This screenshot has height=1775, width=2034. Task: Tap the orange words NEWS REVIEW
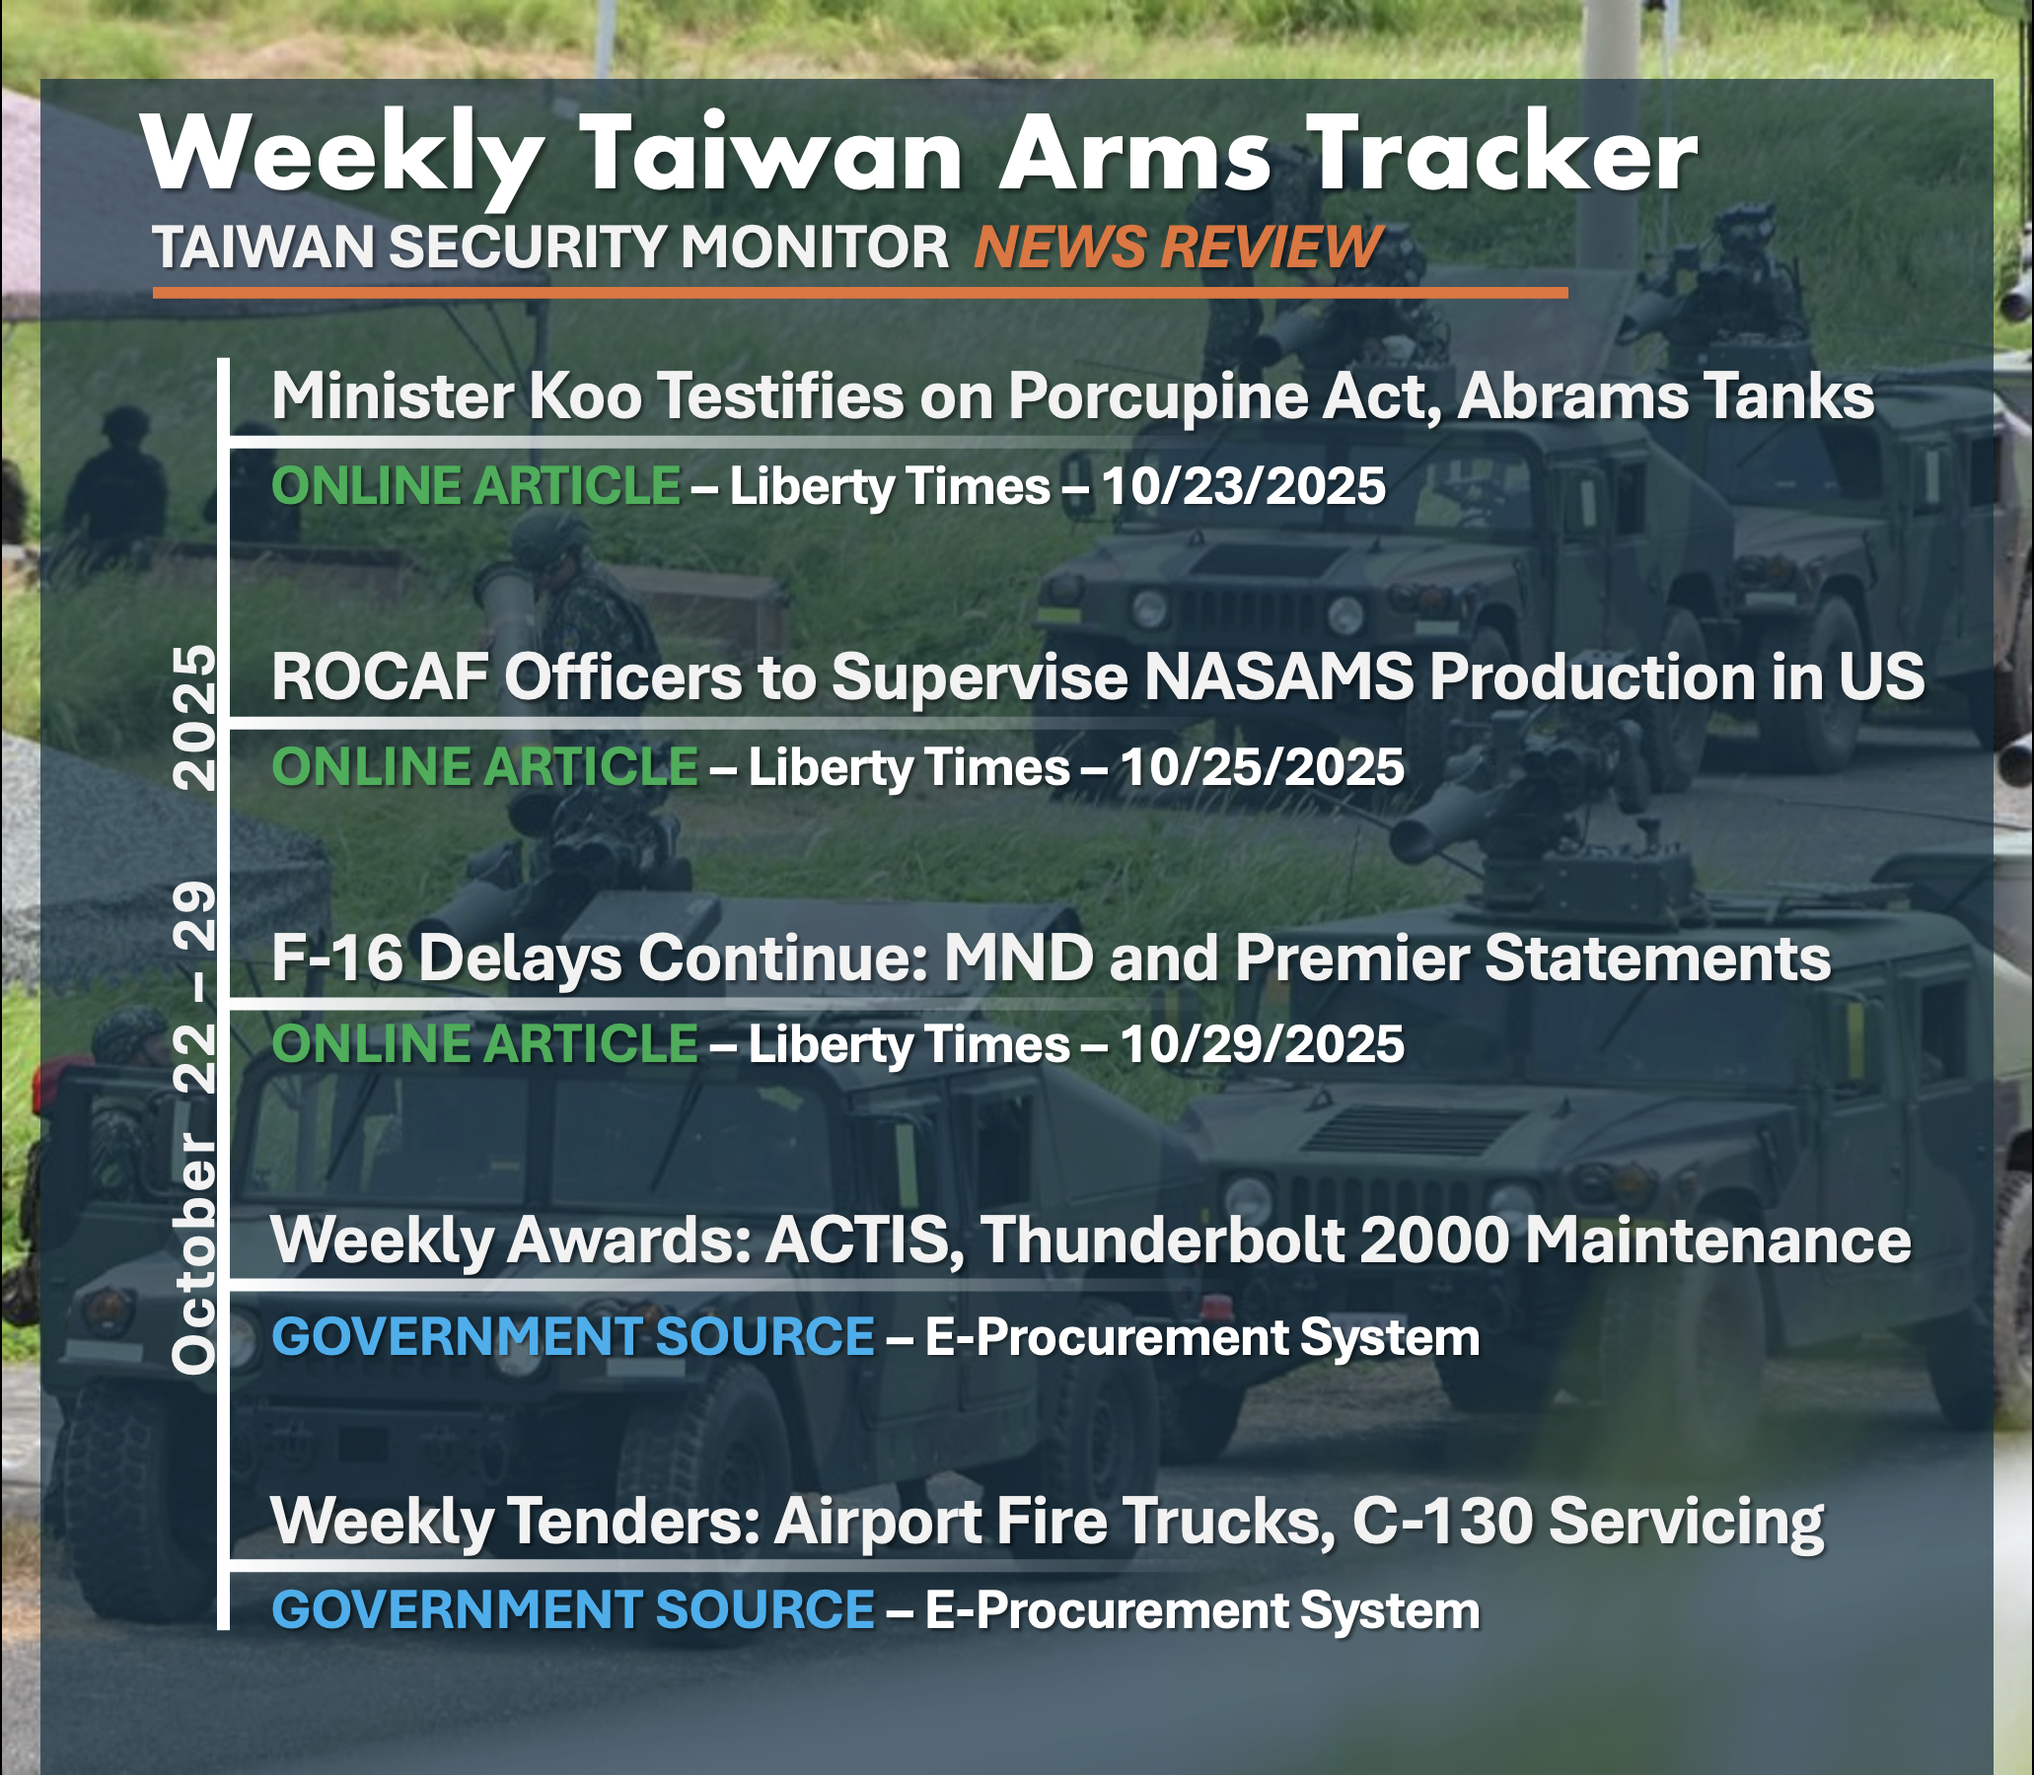click(1178, 246)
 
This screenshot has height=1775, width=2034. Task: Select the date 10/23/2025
click(1244, 486)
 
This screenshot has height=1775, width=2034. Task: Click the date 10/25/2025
click(1263, 766)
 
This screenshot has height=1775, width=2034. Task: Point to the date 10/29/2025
click(1263, 1044)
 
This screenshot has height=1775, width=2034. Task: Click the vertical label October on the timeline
click(194, 1253)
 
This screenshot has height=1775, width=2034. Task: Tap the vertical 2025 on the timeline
click(194, 717)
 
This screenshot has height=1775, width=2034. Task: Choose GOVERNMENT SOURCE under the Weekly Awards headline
click(574, 1336)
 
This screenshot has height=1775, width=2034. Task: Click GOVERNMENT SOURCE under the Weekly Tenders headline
click(574, 1608)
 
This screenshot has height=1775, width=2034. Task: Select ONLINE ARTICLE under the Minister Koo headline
click(476, 486)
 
